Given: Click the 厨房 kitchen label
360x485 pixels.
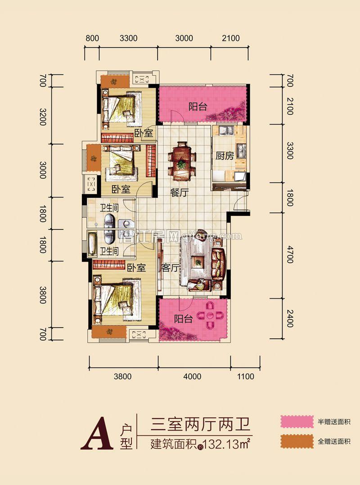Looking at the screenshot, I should [x=224, y=156].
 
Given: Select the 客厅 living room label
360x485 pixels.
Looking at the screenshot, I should [x=171, y=268].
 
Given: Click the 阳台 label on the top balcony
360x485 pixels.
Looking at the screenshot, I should [x=198, y=107].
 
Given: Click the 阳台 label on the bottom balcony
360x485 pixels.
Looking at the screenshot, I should [x=184, y=319].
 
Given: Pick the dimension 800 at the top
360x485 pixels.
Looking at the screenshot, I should [x=92, y=38].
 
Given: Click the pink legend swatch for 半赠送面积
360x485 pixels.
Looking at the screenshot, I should [x=297, y=422].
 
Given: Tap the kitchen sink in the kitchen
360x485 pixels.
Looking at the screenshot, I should [x=223, y=131].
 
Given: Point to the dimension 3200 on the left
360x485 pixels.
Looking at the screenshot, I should [x=43, y=116].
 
